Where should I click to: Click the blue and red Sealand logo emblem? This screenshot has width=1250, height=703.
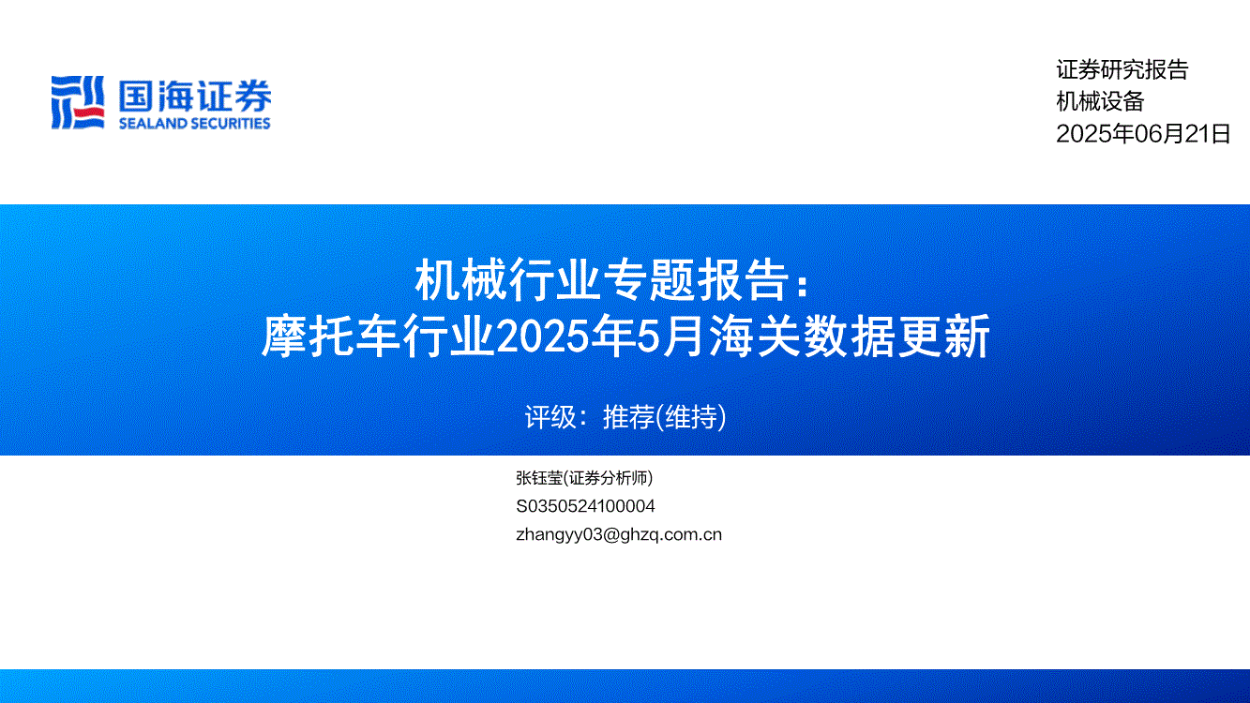[x=78, y=103]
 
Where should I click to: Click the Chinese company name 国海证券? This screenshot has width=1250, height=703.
[x=195, y=96]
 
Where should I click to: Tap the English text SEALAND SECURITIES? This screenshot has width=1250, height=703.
[x=194, y=124]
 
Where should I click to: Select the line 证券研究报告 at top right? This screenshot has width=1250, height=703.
[x=1122, y=69]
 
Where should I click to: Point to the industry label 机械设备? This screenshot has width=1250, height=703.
[x=1100, y=101]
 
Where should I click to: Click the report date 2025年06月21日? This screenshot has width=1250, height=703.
[x=1143, y=134]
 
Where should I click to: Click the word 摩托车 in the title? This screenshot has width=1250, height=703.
[x=331, y=336]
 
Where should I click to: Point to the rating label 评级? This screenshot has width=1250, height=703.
[x=550, y=417]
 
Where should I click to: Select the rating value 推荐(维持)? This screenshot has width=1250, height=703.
[x=664, y=417]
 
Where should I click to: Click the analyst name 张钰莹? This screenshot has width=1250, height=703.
[x=539, y=478]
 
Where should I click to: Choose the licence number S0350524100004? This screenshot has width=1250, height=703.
[x=585, y=506]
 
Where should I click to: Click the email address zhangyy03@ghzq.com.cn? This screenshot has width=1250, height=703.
[x=619, y=534]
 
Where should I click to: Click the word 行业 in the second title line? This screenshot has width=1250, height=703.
[x=448, y=336]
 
